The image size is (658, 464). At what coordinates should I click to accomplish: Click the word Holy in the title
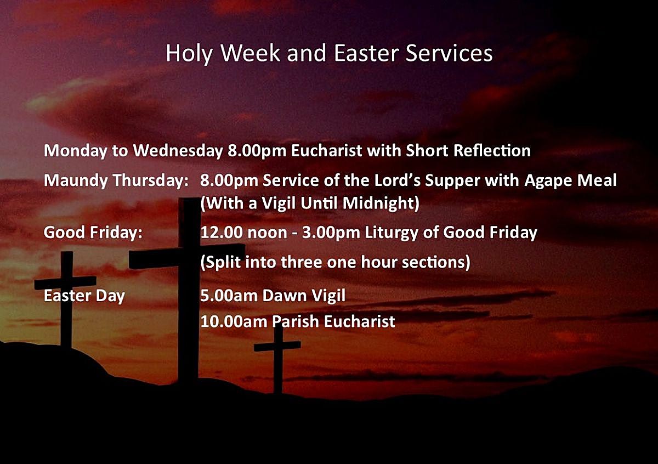189,54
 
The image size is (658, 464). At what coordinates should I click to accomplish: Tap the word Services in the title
449,53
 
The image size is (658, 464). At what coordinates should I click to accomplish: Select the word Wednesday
178,151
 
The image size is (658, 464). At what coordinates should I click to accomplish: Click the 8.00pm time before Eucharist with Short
257,151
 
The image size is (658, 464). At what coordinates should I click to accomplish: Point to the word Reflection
492,150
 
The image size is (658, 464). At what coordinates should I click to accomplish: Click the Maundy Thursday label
116,180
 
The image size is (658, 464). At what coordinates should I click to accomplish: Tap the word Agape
548,180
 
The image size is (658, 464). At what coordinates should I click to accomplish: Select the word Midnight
381,203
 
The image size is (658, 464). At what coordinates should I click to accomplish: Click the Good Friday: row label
93,233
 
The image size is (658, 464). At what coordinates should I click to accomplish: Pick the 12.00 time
222,233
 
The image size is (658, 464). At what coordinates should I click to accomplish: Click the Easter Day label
84,296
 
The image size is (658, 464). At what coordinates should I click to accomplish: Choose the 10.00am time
234,321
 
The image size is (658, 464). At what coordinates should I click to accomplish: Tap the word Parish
296,321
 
